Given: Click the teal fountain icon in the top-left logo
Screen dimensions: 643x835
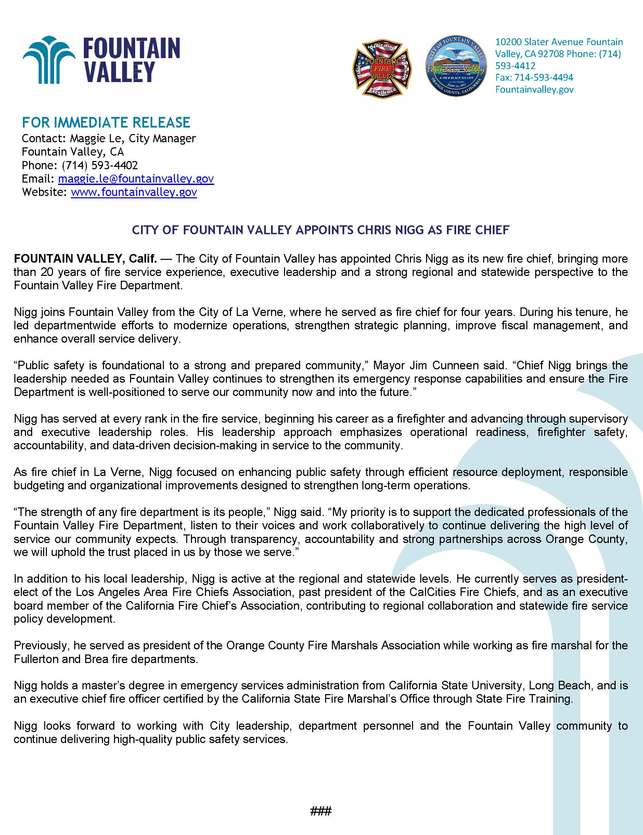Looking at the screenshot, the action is pos(48,60).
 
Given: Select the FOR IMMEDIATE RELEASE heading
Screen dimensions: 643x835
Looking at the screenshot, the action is pos(106,122).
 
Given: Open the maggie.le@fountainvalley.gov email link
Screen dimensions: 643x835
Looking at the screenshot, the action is pos(136,178).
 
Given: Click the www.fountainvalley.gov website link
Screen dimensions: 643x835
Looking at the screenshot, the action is pos(134,192).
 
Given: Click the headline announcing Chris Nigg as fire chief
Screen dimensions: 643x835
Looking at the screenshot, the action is pos(321,230).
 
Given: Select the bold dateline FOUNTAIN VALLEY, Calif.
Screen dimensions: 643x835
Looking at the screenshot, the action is pos(85,259).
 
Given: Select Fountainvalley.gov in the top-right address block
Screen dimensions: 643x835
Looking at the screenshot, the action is pos(534,89).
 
